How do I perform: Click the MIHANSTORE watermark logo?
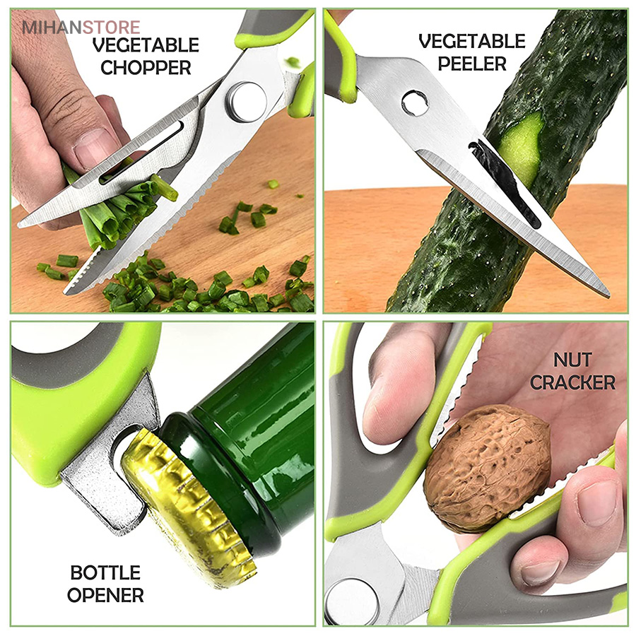pyautogui.click(x=81, y=28)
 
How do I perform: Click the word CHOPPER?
pyautogui.click(x=146, y=68)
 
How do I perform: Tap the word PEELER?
pyautogui.click(x=472, y=64)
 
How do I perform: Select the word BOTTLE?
pyautogui.click(x=105, y=573)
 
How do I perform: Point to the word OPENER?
pyautogui.click(x=105, y=596)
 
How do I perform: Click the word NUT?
pyautogui.click(x=572, y=360)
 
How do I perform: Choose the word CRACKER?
pyautogui.click(x=572, y=382)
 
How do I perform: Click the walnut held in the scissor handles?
pyautogui.click(x=487, y=468)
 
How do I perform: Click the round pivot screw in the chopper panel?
pyautogui.click(x=247, y=102)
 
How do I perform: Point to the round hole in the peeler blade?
pyautogui.click(x=415, y=103)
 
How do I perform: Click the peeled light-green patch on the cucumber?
pyautogui.click(x=520, y=150)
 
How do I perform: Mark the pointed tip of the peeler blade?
pyautogui.click(x=608, y=295)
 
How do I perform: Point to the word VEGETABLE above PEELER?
pyautogui.click(x=472, y=42)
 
